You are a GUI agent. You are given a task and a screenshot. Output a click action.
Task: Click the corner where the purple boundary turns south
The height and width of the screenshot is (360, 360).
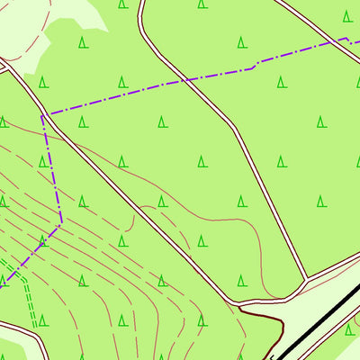[x=42, y=114]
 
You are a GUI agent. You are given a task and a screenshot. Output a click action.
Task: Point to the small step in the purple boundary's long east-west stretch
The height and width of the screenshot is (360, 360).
[x=256, y=64]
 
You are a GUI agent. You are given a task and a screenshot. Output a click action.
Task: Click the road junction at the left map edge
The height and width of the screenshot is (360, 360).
[x=4, y=66]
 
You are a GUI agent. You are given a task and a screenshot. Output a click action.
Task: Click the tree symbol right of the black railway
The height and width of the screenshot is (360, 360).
[x=349, y=330]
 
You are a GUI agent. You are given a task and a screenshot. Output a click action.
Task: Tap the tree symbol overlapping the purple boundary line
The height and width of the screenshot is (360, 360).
[x=42, y=240]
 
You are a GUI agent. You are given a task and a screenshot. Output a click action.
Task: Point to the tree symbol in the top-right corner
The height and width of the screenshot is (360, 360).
[x=347, y=15]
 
